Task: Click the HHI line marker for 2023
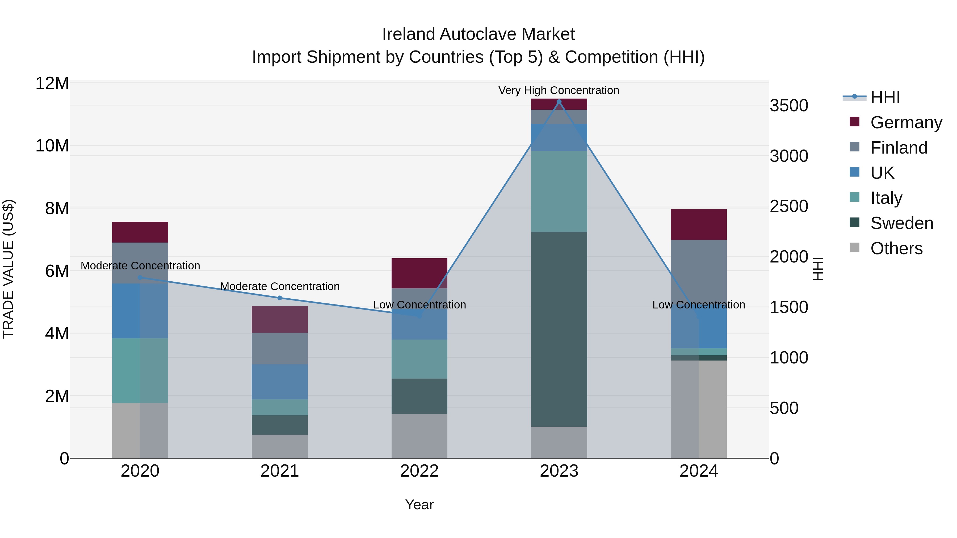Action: coord(559,102)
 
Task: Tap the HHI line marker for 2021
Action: coord(280,298)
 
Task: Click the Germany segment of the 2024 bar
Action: coord(698,224)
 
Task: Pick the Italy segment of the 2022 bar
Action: coord(419,359)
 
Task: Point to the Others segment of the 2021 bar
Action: coord(280,446)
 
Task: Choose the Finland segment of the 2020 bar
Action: coord(140,263)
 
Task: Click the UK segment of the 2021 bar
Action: coord(280,382)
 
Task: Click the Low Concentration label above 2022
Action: coord(419,304)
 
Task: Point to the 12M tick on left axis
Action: coord(52,83)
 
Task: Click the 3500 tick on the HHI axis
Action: coord(789,106)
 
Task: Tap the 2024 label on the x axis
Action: coord(698,471)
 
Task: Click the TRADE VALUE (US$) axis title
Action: coord(8,269)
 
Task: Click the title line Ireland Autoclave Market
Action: coord(478,34)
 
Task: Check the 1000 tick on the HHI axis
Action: coord(789,358)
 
